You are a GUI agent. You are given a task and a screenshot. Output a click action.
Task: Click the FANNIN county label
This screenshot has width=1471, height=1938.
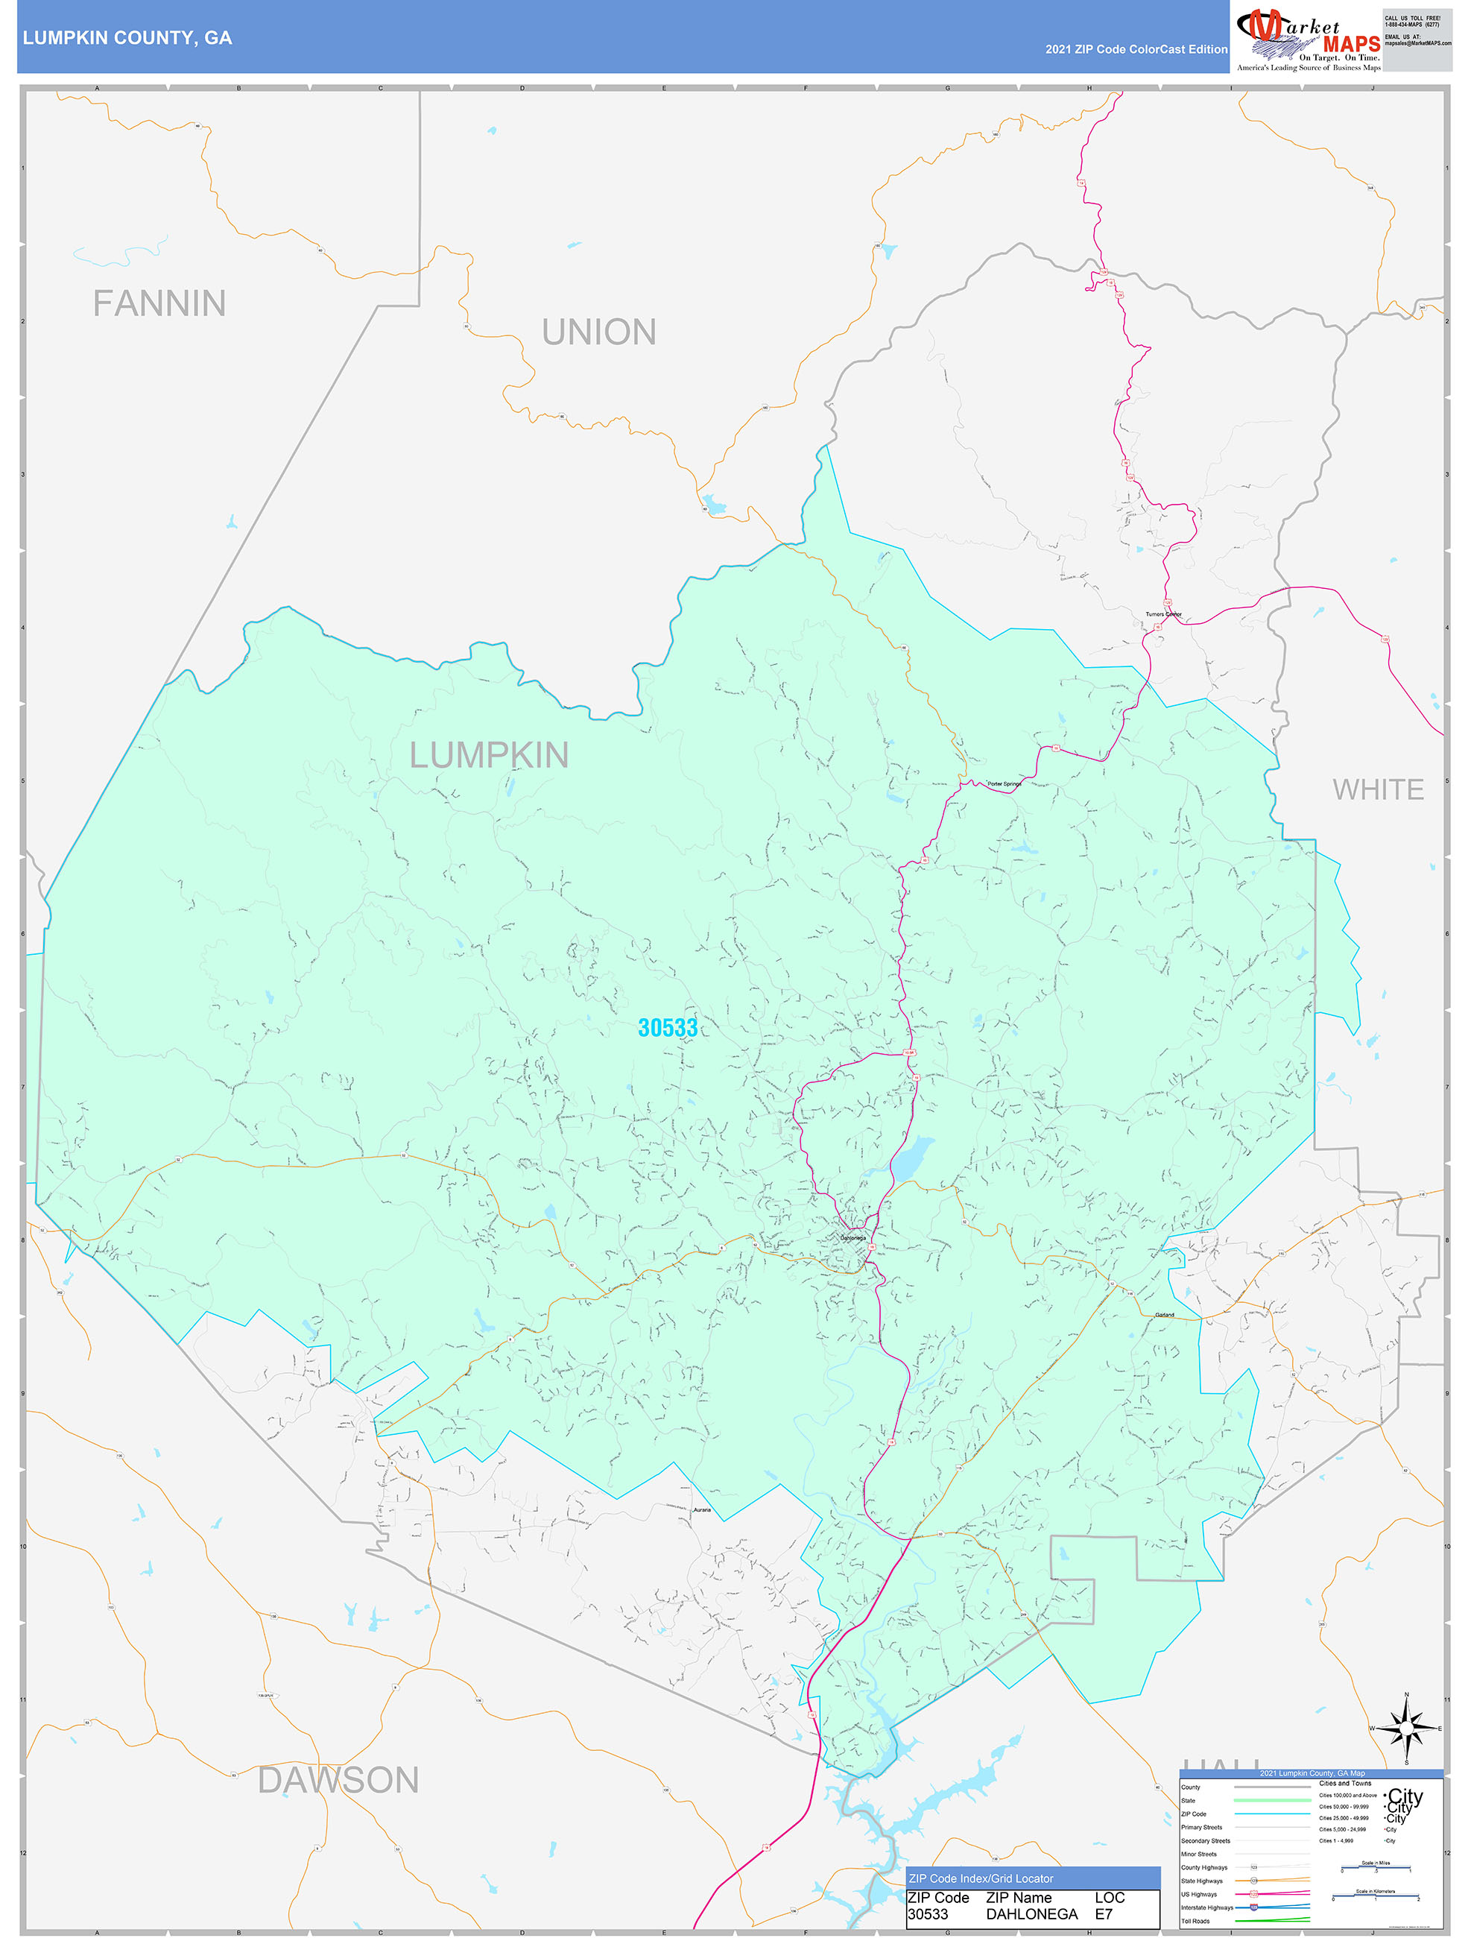click(159, 304)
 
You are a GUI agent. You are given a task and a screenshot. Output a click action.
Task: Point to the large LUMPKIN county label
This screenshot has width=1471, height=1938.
click(489, 755)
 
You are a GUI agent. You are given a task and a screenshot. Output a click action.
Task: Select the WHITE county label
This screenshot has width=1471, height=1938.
click(1377, 790)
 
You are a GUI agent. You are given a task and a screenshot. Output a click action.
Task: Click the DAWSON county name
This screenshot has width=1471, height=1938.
click(338, 1780)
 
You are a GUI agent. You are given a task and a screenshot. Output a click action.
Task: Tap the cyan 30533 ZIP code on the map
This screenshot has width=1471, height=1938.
click(668, 1028)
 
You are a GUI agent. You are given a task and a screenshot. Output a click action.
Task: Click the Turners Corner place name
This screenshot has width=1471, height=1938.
click(1163, 614)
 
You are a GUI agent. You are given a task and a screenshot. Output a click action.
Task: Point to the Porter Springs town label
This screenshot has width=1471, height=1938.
click(1004, 784)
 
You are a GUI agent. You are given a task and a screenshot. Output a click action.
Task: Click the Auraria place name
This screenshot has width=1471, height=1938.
click(703, 1510)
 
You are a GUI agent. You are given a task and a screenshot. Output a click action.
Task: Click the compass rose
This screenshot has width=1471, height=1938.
click(1406, 1729)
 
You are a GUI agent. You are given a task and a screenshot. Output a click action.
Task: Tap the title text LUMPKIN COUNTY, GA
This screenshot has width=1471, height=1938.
click(128, 38)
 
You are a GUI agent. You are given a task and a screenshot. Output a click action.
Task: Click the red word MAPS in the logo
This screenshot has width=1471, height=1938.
click(1351, 44)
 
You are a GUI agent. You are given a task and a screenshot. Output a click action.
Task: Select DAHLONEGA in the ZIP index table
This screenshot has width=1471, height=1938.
click(1031, 1914)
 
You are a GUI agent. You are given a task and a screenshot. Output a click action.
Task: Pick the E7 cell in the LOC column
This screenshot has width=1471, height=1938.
click(1103, 1914)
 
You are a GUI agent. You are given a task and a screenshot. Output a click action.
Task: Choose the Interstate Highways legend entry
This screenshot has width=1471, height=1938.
click(1206, 1907)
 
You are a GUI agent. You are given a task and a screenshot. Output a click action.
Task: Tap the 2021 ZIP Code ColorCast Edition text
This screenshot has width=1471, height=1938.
click(1136, 50)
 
